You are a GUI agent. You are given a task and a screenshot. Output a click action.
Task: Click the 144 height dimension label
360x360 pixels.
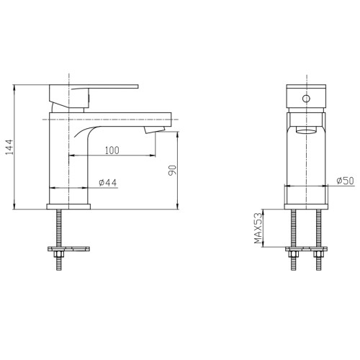(x=9, y=147)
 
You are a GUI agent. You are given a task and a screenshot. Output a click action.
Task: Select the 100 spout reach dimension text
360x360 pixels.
(x=112, y=150)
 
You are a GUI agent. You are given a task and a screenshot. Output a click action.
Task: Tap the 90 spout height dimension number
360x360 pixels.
(x=172, y=171)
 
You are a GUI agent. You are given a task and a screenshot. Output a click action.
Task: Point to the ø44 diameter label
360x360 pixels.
(x=108, y=183)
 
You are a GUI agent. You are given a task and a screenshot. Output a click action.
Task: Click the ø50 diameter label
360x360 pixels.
(x=345, y=181)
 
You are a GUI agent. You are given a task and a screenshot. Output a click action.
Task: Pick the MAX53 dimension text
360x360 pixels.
(x=258, y=228)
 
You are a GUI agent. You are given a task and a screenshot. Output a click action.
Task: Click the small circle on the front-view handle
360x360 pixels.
(x=306, y=99)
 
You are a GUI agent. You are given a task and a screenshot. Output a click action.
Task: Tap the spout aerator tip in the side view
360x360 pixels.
(x=155, y=130)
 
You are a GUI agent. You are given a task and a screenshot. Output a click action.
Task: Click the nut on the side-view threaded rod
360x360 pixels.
(x=59, y=253)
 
